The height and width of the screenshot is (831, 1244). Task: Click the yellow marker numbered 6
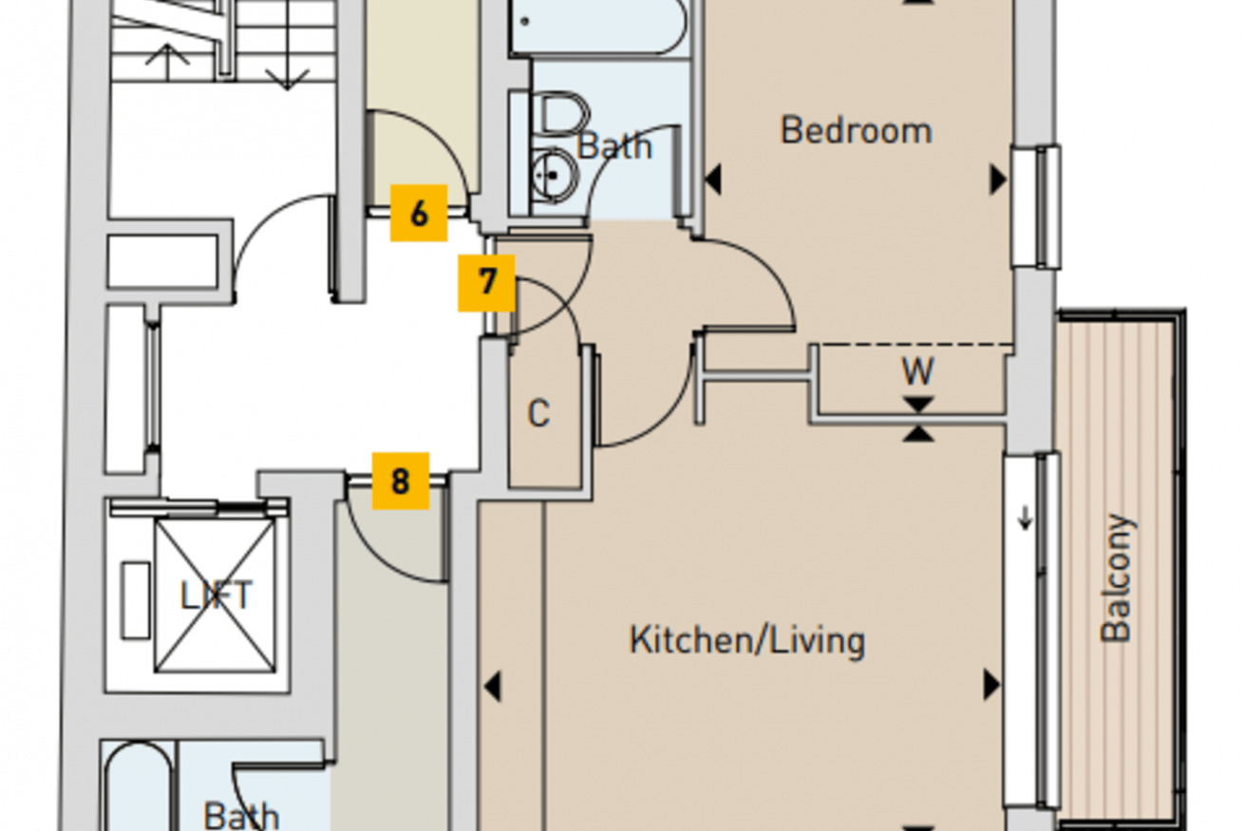[x=419, y=214]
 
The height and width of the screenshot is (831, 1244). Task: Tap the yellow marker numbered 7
[x=486, y=283]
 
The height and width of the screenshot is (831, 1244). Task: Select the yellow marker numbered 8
[x=401, y=482]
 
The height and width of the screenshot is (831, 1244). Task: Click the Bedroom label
[x=856, y=130]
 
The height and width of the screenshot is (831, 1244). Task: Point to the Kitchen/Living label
[x=747, y=640]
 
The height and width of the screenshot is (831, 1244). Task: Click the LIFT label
[x=217, y=595]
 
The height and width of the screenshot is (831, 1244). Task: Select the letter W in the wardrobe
[x=917, y=371]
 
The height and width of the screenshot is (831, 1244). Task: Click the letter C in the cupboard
[x=538, y=414]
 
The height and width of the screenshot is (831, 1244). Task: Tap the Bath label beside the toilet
[x=614, y=146]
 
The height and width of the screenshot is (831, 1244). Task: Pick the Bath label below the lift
[x=241, y=817]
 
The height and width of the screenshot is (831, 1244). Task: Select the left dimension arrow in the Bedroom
[x=713, y=179]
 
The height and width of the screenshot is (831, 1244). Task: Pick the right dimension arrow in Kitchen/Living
[x=991, y=685]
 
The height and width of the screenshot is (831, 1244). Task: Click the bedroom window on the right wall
[x=1036, y=207]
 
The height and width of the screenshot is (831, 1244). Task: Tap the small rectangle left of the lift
[x=136, y=600]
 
